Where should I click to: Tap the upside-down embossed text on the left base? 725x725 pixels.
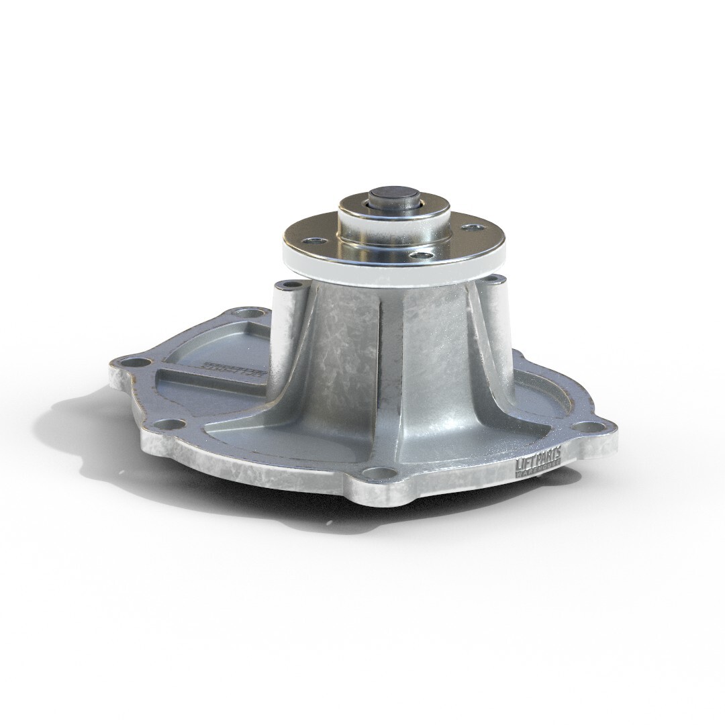pyautogui.click(x=232, y=369)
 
